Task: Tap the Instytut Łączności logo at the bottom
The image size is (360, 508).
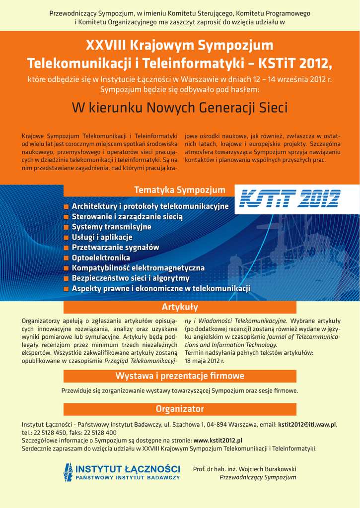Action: [x=122, y=472]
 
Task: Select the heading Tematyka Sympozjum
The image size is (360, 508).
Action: [x=179, y=190]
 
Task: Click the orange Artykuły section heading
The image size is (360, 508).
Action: [x=180, y=307]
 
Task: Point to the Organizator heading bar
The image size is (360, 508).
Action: [x=180, y=409]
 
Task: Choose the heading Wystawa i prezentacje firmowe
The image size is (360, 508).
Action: [x=180, y=375]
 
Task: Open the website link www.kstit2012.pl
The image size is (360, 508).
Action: [x=217, y=440]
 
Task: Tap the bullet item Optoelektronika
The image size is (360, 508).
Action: [x=101, y=258]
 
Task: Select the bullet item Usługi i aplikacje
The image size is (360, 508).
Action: [x=102, y=237]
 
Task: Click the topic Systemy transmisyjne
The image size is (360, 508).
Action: [x=111, y=227]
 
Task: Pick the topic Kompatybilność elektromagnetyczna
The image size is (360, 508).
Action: [x=138, y=268]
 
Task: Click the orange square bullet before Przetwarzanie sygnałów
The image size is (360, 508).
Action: [x=66, y=248]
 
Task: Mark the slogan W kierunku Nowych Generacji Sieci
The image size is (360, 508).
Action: [x=180, y=108]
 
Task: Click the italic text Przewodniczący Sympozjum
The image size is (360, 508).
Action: [x=258, y=477]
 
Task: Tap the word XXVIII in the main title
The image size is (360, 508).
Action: [x=106, y=46]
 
